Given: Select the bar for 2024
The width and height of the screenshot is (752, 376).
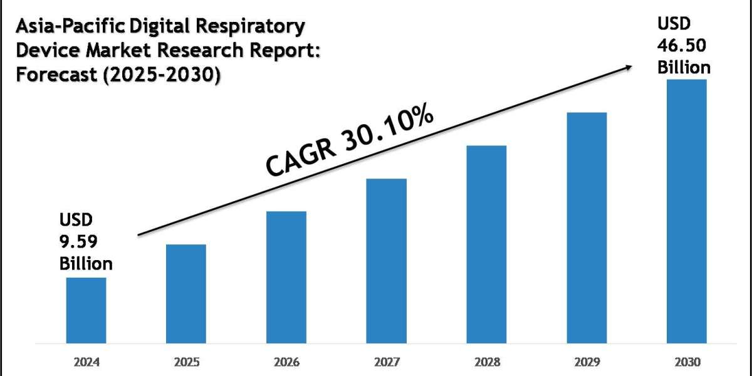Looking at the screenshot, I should pyautogui.click(x=86, y=310).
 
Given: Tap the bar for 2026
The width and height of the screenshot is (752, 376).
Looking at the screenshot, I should pyautogui.click(x=286, y=277).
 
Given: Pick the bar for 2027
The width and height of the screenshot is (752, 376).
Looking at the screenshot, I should pyautogui.click(x=386, y=261).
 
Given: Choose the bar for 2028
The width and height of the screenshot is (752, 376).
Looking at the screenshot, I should pyautogui.click(x=486, y=244).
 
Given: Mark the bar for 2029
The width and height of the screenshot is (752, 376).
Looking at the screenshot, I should pyautogui.click(x=587, y=227).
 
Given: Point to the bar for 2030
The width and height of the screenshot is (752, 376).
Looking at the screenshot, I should pyautogui.click(x=686, y=211).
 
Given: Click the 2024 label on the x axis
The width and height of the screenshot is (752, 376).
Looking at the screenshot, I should pyautogui.click(x=86, y=362).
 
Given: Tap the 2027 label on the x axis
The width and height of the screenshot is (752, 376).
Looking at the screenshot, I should pyautogui.click(x=386, y=362).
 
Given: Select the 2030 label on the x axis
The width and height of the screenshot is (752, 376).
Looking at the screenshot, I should pyautogui.click(x=686, y=362).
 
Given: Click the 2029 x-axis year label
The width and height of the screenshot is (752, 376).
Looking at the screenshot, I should pyautogui.click(x=587, y=362).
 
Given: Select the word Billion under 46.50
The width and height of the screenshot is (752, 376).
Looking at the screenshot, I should pyautogui.click(x=684, y=67).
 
